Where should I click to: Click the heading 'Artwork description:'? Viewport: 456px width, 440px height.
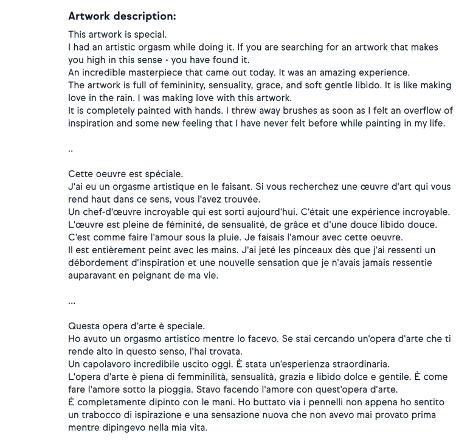(122, 16)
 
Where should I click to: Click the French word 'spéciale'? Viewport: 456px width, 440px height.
(163, 174)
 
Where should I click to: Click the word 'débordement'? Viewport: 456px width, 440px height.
(97, 263)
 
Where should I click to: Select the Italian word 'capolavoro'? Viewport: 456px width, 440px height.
(109, 365)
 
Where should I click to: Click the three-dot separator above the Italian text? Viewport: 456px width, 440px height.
(72, 302)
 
